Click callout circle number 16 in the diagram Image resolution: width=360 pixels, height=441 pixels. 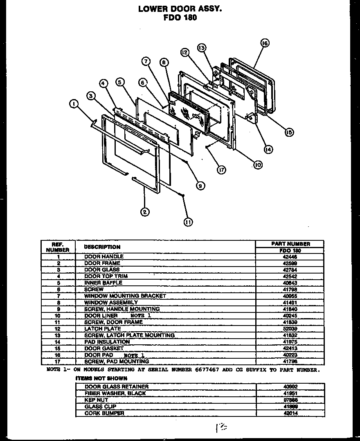265,43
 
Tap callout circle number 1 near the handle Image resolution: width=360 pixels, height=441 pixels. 73,105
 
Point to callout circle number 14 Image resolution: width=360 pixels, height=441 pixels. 268,149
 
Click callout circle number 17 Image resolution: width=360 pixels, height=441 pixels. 221,170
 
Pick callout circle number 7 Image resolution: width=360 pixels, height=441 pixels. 146,61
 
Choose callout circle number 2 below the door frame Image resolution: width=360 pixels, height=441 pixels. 144,212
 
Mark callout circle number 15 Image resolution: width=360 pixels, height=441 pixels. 289,132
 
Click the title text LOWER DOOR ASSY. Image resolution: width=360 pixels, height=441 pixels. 180,9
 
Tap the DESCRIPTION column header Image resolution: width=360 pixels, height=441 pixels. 102,247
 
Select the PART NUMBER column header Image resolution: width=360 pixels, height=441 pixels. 290,244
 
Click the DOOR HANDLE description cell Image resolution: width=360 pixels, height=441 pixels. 104,256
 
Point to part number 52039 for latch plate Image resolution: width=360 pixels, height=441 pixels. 290,328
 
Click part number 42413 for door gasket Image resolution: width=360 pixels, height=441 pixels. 290,348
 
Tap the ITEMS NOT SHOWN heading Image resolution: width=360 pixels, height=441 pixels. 97,379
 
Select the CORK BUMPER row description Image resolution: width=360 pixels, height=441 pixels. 104,413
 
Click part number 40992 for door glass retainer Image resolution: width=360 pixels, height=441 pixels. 290,387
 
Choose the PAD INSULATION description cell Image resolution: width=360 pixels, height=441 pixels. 107,341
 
